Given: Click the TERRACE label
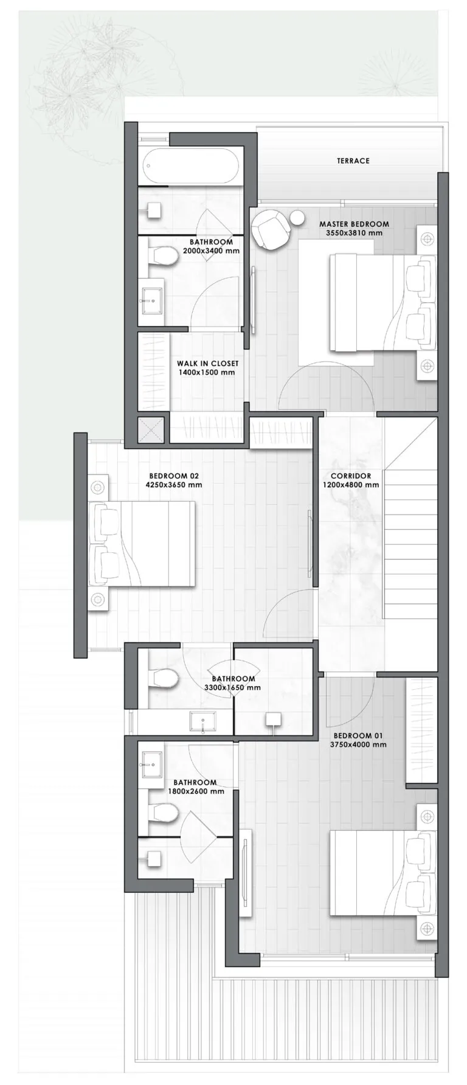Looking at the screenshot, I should (x=353, y=161).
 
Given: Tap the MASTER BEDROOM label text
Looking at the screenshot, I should (x=354, y=224).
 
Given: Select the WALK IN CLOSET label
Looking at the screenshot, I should (x=207, y=364).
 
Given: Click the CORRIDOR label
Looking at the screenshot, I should (x=351, y=476).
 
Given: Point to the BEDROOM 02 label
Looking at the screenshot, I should (x=174, y=476).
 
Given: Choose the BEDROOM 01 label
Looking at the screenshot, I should (x=358, y=735).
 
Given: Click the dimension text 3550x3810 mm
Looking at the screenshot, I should (x=354, y=233).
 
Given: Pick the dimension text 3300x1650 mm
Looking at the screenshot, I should (x=232, y=688).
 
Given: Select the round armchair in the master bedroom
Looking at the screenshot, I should (x=269, y=228).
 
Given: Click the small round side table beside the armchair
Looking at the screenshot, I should (x=297, y=217).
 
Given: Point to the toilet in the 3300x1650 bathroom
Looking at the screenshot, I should (x=164, y=678).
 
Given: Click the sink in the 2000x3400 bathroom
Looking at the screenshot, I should (x=151, y=300).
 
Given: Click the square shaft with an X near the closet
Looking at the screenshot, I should (x=151, y=429).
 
